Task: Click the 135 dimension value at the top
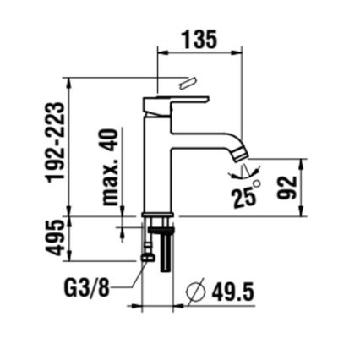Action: (x=199, y=39)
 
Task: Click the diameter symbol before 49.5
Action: (x=195, y=292)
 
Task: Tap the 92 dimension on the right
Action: (x=287, y=188)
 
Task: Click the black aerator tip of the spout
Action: (x=242, y=151)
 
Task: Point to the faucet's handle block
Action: (x=175, y=105)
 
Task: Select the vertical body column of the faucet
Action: (x=156, y=165)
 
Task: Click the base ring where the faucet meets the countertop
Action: (x=157, y=214)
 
